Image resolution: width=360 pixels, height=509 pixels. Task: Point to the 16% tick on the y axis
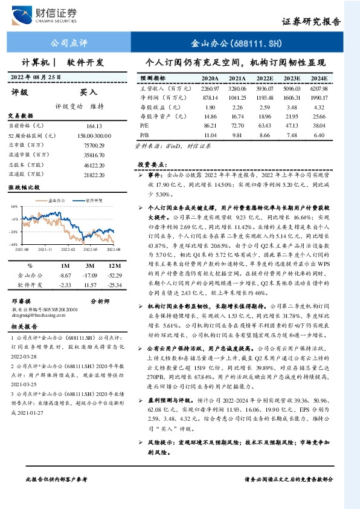pyautogui.click(x=14, y=206)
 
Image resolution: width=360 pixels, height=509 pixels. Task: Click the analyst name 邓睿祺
pyautogui.click(x=21, y=299)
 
